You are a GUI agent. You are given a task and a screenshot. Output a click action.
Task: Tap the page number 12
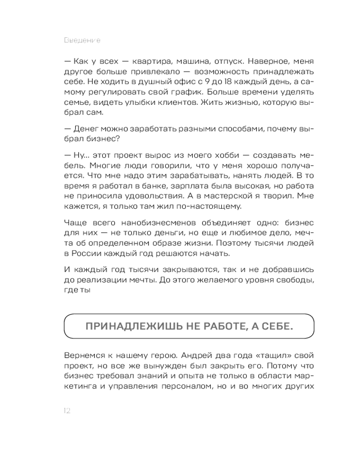(x=67, y=410)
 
